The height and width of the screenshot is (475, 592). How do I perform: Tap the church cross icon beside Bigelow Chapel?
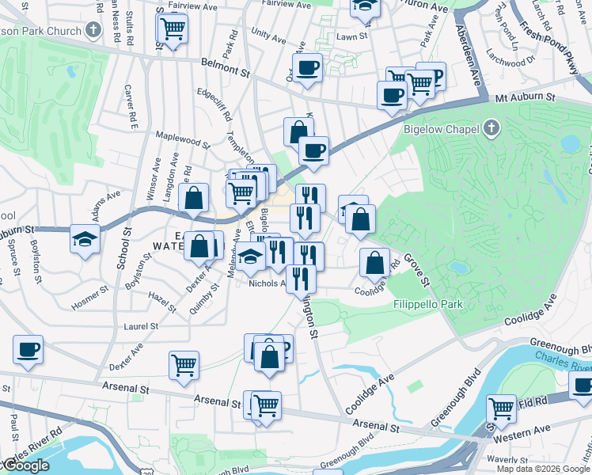tap(491, 127)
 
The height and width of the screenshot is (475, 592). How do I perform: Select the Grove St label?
tap(416, 270)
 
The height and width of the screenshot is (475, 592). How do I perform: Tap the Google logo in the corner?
tap(25, 466)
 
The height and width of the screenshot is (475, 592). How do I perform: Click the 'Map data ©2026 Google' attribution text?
tap(543, 469)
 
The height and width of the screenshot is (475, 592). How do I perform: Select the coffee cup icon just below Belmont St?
tap(307, 66)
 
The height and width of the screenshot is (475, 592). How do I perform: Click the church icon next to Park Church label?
tap(94, 32)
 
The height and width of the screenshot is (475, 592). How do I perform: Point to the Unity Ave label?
tap(268, 36)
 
